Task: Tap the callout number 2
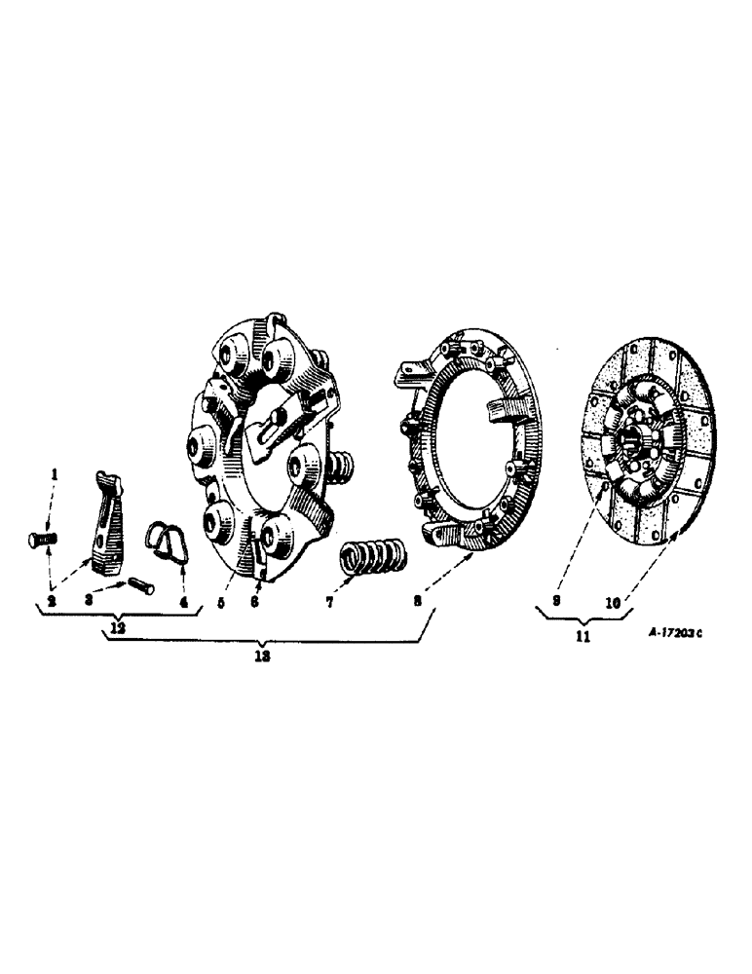pyautogui.click(x=52, y=601)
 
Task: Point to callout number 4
pyautogui.click(x=182, y=601)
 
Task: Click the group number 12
pyautogui.click(x=118, y=628)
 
